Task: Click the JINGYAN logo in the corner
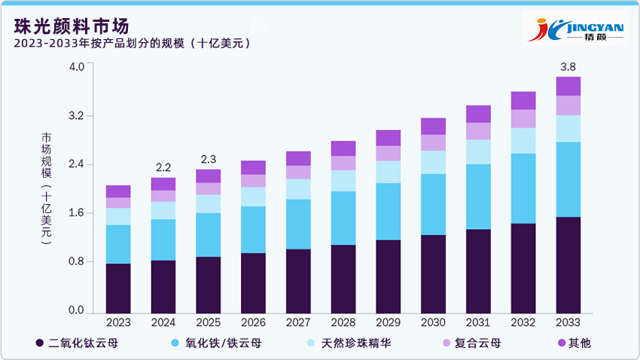click(576, 29)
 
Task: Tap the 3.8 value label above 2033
click(568, 66)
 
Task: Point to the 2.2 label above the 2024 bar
click(163, 167)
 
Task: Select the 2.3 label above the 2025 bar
click(208, 159)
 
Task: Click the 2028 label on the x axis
click(343, 323)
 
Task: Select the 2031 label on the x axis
click(478, 323)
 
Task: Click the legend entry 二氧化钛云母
click(75, 343)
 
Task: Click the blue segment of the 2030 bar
click(433, 204)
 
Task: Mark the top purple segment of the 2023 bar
click(118, 191)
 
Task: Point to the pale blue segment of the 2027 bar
click(298, 188)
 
